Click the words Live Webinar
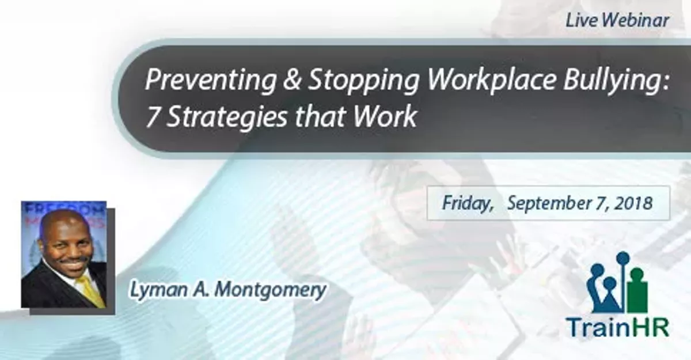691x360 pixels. (x=617, y=21)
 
